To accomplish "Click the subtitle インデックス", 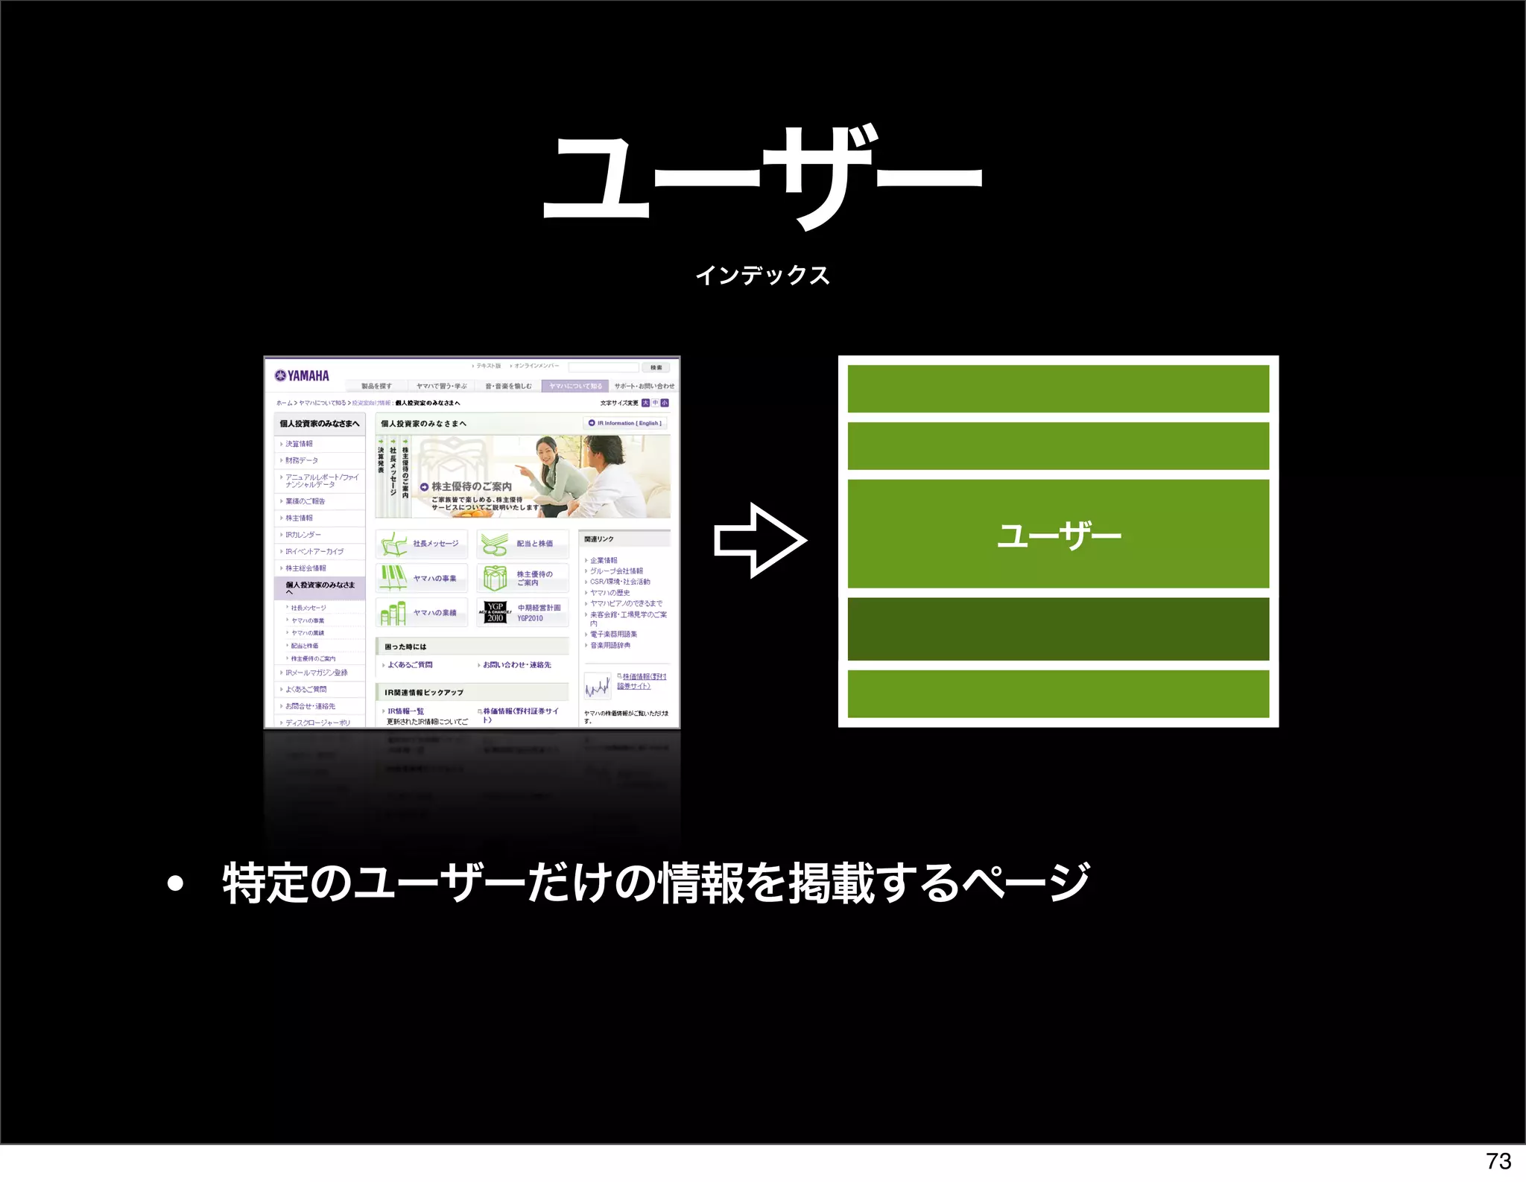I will pos(762,276).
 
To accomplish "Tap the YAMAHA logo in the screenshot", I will pos(302,375).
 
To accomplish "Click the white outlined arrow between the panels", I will pos(759,540).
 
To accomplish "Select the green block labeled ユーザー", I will pos(1058,534).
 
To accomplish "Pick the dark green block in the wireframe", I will pos(1058,629).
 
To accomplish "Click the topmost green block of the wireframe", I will pos(1058,388).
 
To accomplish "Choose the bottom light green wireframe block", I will pos(1058,693).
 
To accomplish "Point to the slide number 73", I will pos(1498,1161).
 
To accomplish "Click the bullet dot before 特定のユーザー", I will pos(175,884).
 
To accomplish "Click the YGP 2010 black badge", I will pos(496,612).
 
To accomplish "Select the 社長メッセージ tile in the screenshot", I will pos(422,544).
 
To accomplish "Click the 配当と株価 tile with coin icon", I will pos(522,544).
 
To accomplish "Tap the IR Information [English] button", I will pos(625,423).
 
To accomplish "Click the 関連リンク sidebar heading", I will pos(599,538).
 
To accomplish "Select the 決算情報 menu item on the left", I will pos(300,444).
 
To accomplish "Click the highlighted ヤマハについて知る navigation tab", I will pos(575,386).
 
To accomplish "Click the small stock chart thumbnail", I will pos(597,684).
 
